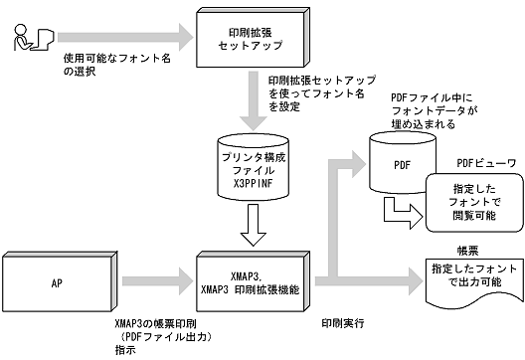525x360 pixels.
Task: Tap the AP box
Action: point(57,281)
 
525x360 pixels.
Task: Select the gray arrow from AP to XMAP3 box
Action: point(149,281)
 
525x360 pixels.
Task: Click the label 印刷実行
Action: point(339,324)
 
